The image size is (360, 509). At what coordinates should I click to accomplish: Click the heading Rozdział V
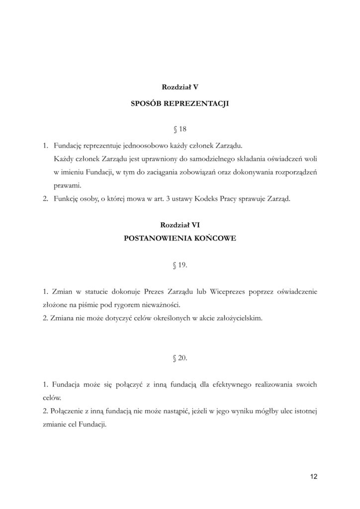(x=180, y=86)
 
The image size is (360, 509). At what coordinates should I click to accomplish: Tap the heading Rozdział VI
(x=180, y=225)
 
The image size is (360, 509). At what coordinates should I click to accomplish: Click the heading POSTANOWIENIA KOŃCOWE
(x=180, y=238)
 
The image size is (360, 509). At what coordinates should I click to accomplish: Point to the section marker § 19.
(x=180, y=265)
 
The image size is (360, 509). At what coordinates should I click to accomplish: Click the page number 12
(x=313, y=476)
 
